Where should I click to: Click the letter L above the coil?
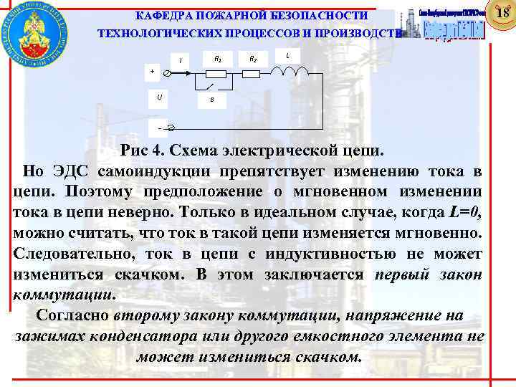(287, 55)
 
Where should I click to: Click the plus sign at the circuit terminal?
(151, 71)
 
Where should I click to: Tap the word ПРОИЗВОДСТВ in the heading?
(359, 34)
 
